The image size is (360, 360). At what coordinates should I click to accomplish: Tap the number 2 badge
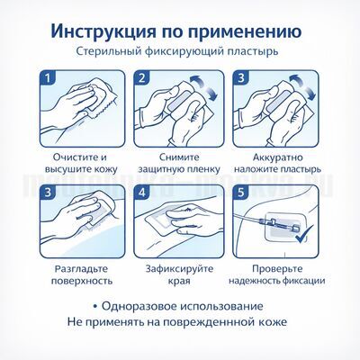click(140, 79)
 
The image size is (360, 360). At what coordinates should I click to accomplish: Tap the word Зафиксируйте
click(179, 267)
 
